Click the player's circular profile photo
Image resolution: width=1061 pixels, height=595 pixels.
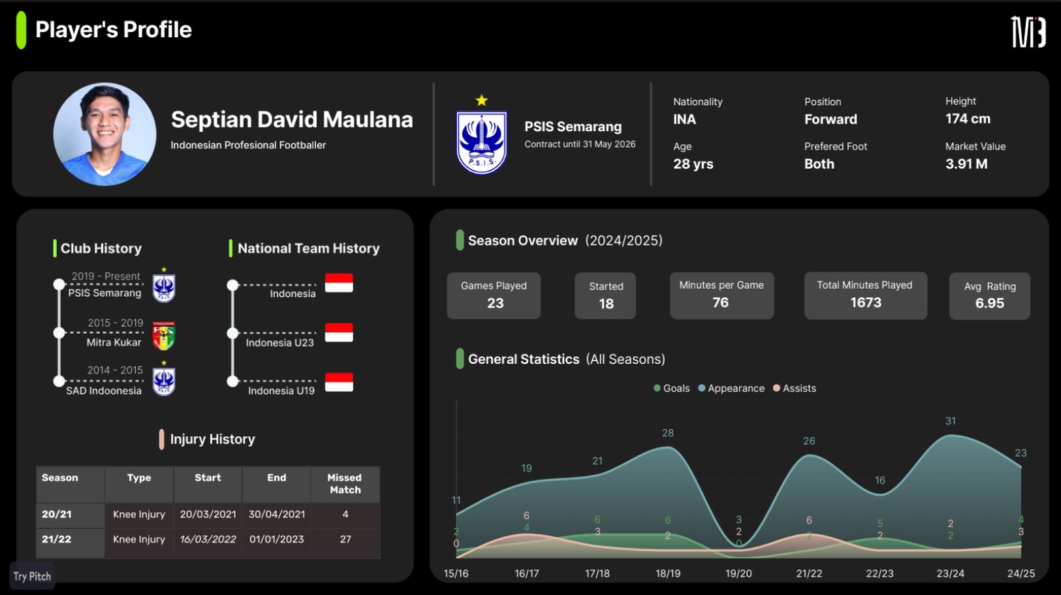tap(104, 134)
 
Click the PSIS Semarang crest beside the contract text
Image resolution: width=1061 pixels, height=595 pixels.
tap(481, 142)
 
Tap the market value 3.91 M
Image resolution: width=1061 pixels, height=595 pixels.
tap(966, 164)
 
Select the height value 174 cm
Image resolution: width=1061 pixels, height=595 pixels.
tap(968, 119)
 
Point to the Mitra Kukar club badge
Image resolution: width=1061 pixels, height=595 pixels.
tap(164, 336)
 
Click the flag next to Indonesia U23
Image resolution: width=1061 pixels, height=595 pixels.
tap(339, 332)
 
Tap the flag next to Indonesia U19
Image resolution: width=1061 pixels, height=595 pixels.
tap(339, 382)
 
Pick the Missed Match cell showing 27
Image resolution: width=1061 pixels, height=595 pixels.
tap(345, 539)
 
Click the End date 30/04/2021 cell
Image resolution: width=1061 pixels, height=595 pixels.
tap(277, 515)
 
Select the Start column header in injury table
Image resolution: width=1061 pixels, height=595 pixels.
tap(208, 478)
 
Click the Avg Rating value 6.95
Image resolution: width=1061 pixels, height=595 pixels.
tap(989, 303)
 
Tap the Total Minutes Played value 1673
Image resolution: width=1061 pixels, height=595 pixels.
tap(865, 302)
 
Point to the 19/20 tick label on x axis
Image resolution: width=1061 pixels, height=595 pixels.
tap(738, 573)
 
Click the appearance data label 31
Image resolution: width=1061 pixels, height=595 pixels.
tap(951, 421)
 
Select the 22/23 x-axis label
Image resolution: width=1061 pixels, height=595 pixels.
tap(879, 573)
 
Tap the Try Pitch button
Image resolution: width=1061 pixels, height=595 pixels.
tap(32, 577)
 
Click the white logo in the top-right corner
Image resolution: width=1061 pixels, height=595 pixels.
tap(1028, 32)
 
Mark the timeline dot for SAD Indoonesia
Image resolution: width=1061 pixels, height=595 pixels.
tap(59, 381)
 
